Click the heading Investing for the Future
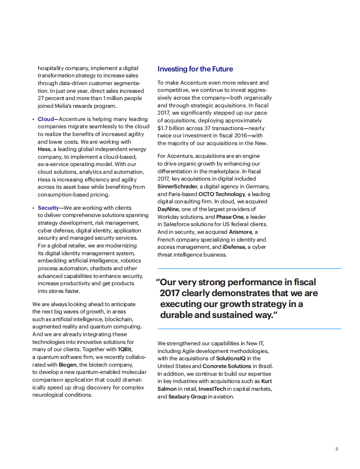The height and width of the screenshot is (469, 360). pos(195,69)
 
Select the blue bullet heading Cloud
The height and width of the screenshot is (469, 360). pos(46,119)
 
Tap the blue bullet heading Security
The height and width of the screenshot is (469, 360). pos(48,208)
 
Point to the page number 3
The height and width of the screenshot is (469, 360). pos(336,449)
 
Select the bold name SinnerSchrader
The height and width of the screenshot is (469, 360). pos(177,187)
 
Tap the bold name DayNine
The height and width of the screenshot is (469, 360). pos(168,209)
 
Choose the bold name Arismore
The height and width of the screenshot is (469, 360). pos(240,232)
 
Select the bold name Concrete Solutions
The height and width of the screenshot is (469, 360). pos(227,366)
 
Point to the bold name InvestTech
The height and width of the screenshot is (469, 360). pos(213,389)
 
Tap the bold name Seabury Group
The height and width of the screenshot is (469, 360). pos(188,397)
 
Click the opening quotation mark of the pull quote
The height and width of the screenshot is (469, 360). pos(157,282)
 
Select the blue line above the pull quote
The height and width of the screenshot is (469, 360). pos(249,268)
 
